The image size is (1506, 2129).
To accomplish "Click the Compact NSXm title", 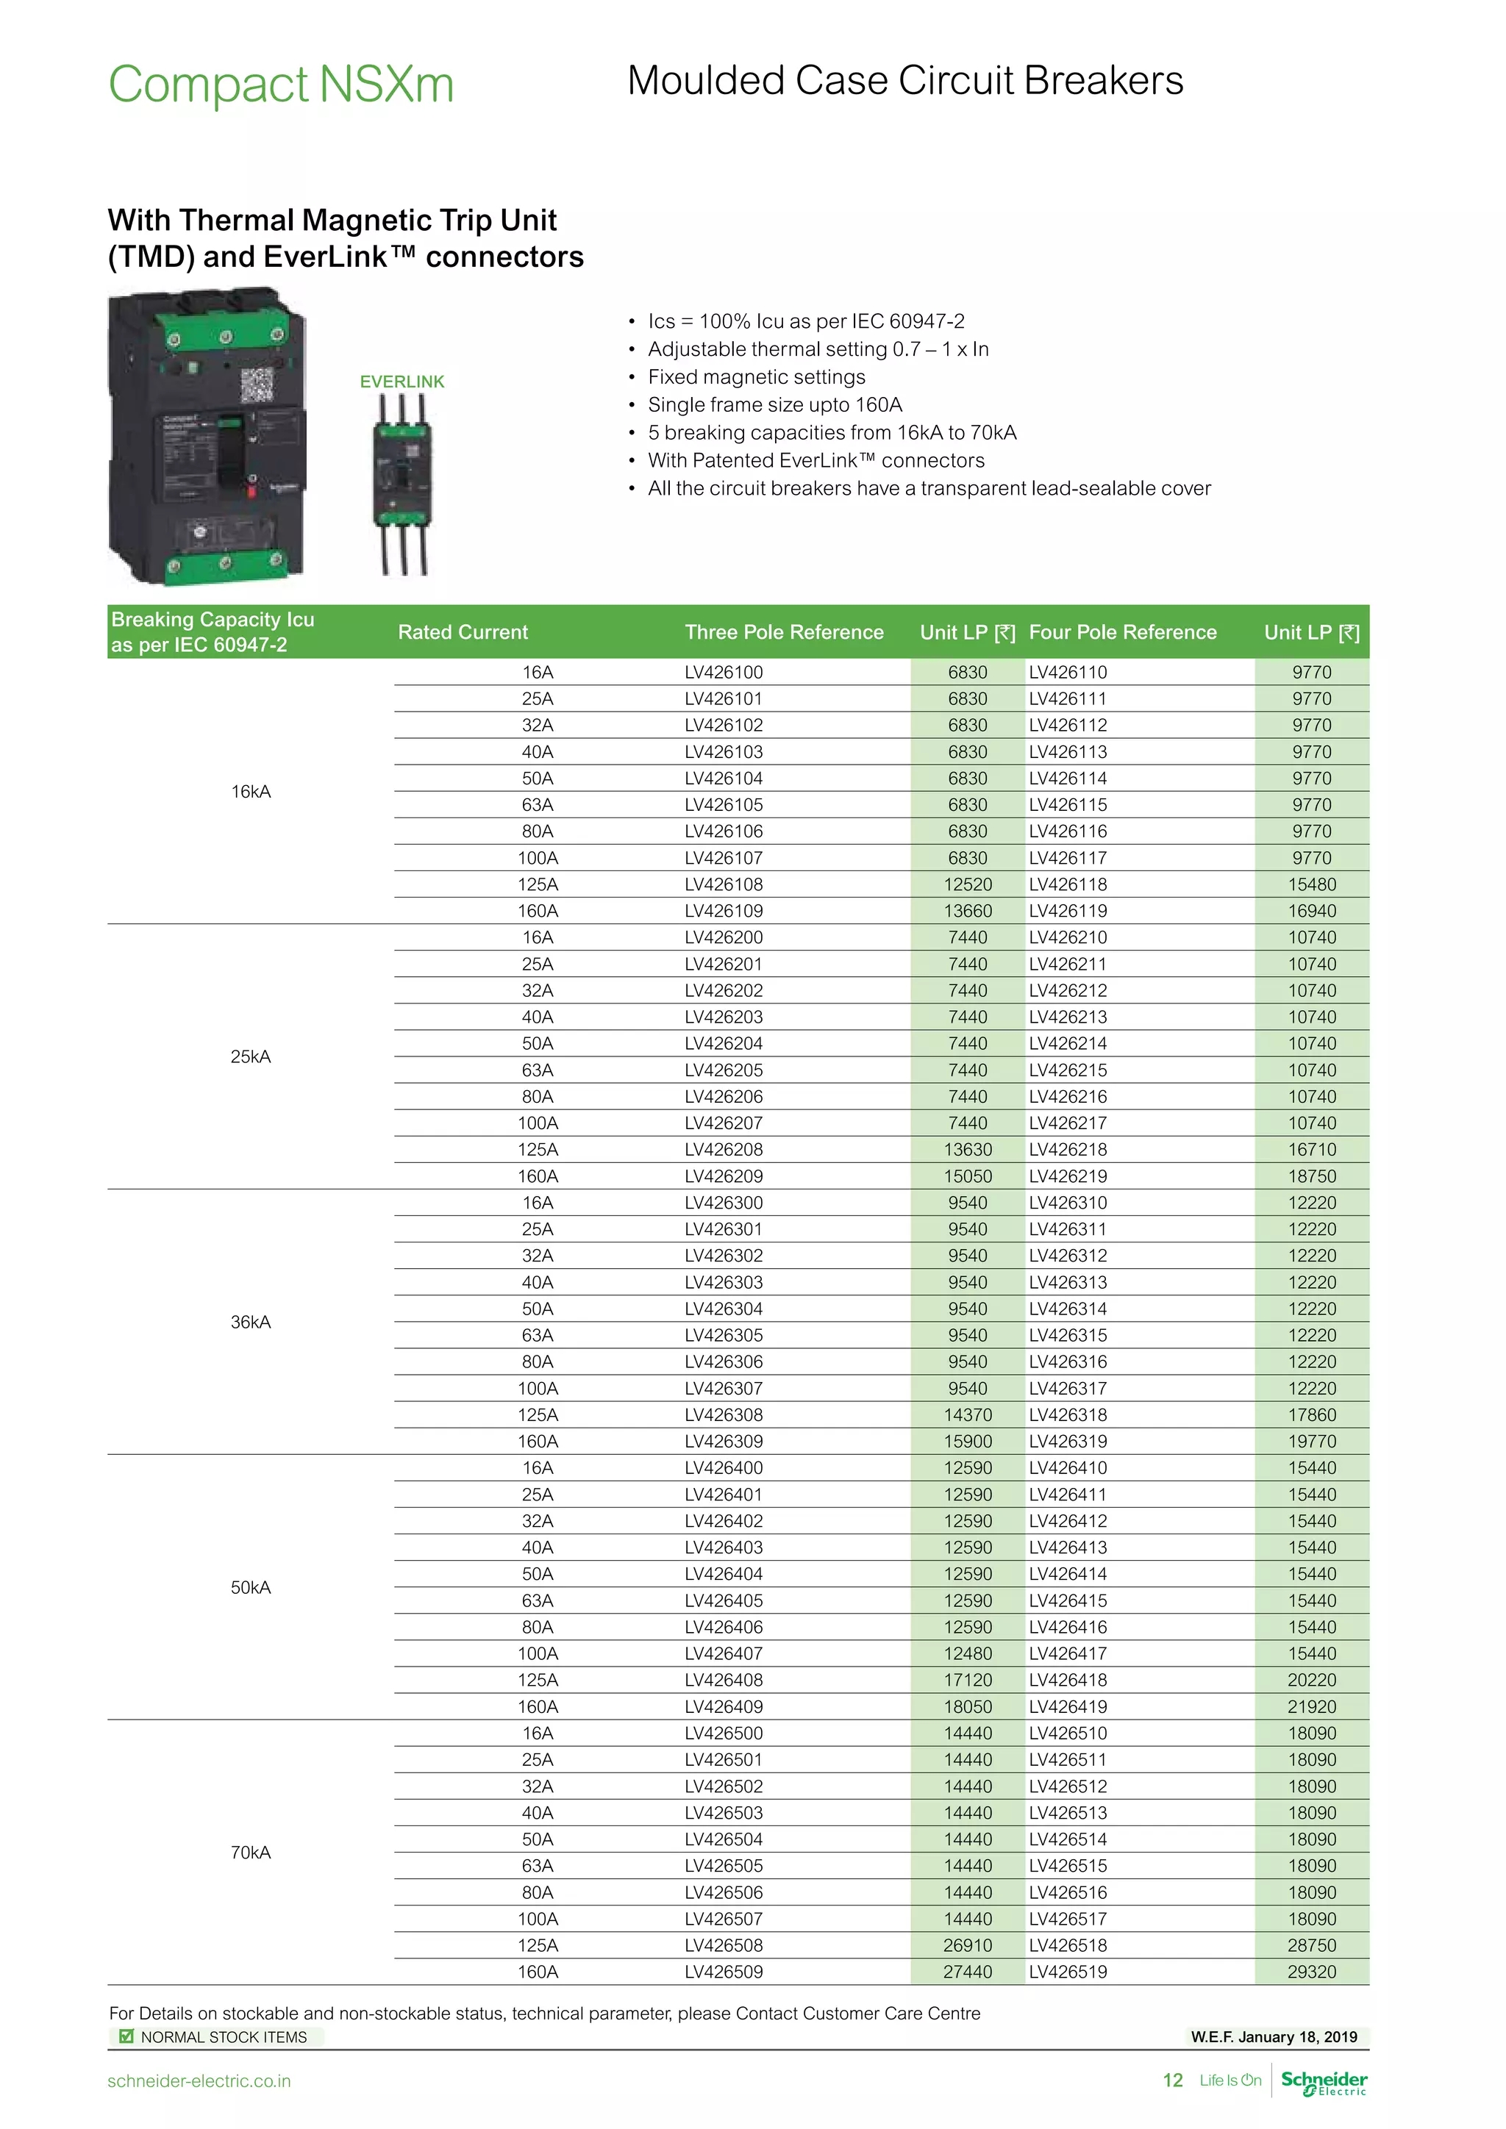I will click(x=281, y=85).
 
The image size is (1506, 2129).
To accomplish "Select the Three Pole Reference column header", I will click(x=784, y=632).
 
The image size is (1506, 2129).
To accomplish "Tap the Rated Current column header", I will click(x=463, y=632).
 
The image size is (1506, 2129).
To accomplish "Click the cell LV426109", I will click(x=724, y=911).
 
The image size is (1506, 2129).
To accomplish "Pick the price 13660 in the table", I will click(x=967, y=911).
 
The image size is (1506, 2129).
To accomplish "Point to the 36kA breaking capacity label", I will click(x=250, y=1321).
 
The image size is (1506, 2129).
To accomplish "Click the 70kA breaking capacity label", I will click(x=250, y=1852).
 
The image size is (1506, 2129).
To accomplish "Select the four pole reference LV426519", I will click(x=1068, y=1972).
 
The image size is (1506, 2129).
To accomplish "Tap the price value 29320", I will click(x=1311, y=1972).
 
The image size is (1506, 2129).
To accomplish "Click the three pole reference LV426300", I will click(x=724, y=1203).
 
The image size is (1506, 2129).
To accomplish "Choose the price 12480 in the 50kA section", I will click(x=967, y=1653).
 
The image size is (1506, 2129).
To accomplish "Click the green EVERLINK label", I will click(x=402, y=381).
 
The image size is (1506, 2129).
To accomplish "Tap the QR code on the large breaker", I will click(x=257, y=384).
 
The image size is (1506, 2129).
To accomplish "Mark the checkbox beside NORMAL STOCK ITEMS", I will click(x=126, y=2036).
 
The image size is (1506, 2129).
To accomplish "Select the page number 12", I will click(x=1172, y=2080).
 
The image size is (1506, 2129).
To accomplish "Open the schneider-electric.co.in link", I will click(x=199, y=2080).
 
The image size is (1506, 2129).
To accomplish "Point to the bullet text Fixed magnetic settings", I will click(x=756, y=376).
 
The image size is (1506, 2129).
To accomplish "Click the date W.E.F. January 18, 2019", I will click(x=1273, y=2036).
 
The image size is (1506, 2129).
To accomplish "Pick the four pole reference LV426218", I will click(x=1068, y=1150).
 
